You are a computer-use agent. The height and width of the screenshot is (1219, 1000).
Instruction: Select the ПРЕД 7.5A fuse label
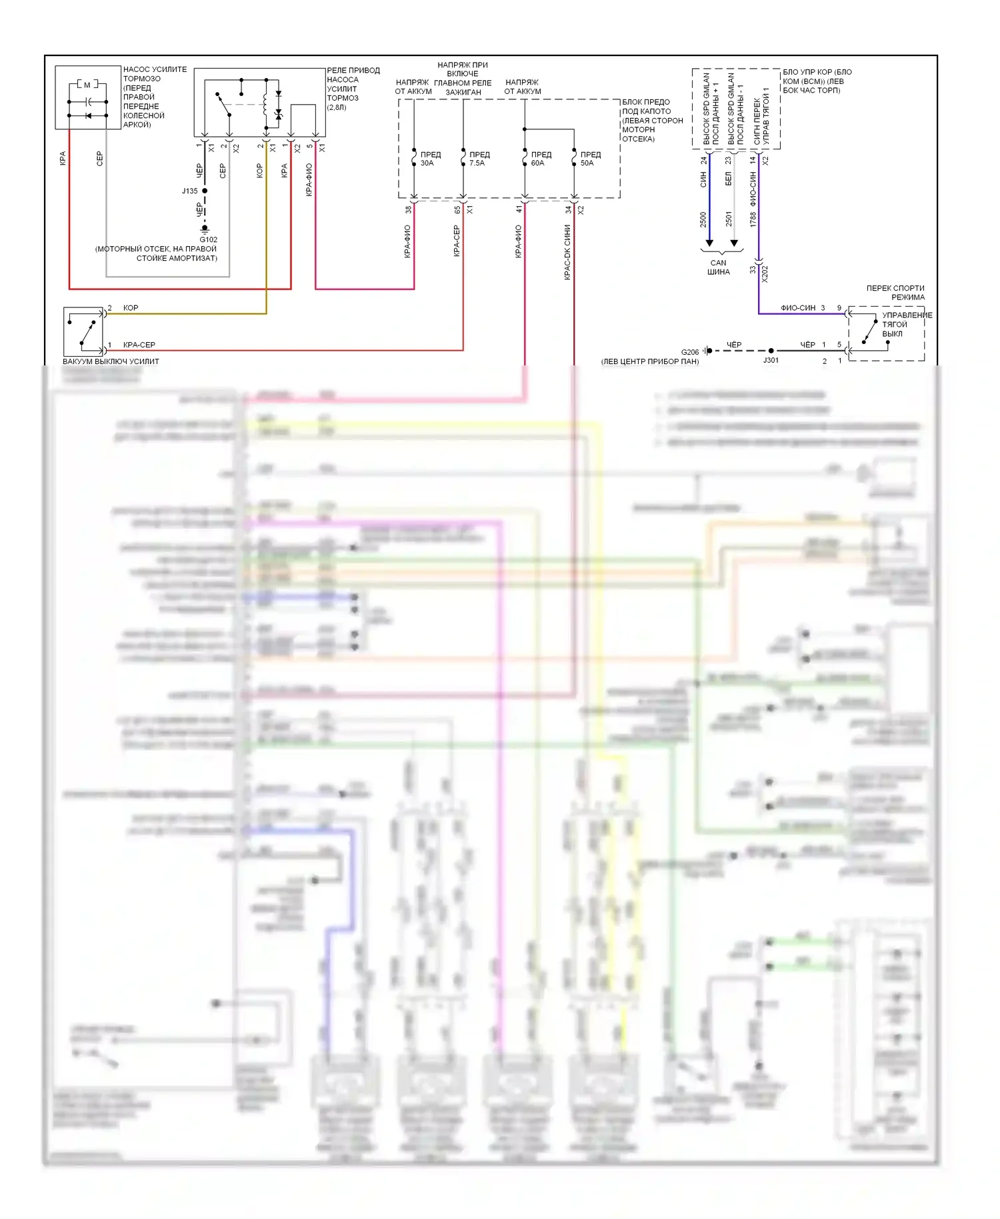point(479,159)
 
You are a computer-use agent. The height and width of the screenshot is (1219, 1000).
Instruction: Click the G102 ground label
point(209,239)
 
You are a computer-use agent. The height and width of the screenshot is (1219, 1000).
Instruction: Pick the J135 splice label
point(190,191)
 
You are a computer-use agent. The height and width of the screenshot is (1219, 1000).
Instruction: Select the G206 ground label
point(690,352)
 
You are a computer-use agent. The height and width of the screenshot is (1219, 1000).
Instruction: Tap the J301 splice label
point(771,360)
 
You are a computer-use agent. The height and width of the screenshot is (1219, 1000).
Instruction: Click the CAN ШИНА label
point(718,267)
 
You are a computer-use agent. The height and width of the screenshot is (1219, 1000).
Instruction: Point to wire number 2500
point(703,219)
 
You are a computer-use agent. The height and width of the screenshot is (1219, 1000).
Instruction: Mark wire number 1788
point(753,219)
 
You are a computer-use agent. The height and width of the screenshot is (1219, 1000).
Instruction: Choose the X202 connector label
point(765,273)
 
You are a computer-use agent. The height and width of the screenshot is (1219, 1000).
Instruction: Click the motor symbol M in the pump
point(87,85)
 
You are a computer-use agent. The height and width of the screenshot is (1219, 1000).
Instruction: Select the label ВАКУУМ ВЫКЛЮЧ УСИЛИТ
point(111,361)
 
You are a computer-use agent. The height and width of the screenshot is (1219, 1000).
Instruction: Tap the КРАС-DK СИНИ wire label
point(567,252)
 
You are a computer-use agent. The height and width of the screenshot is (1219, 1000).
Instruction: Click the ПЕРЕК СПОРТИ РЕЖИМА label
point(895,293)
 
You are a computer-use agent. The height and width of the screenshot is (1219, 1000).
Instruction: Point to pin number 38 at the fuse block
point(408,209)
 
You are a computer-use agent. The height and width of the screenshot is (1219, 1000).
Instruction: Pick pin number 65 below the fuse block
point(457,209)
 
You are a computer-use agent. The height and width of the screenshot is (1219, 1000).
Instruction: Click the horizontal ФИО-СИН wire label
point(798,308)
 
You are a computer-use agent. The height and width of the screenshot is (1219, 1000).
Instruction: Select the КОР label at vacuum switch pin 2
point(131,308)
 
